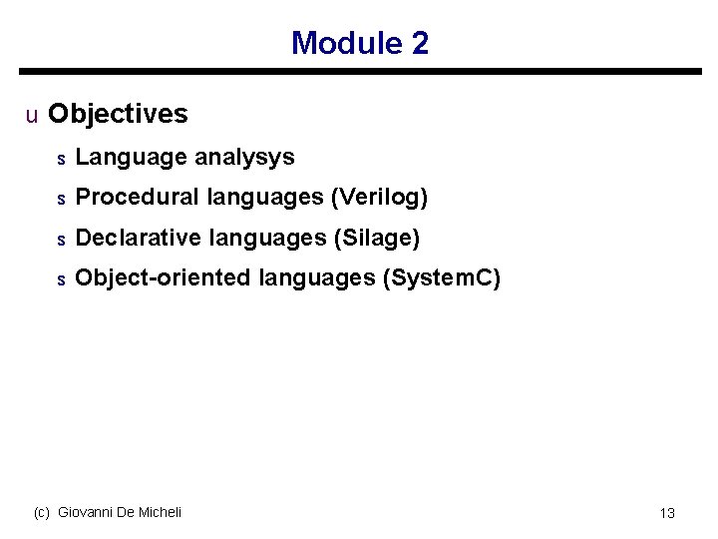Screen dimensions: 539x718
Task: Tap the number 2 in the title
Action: (420, 43)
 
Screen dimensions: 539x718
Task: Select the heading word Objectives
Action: (118, 114)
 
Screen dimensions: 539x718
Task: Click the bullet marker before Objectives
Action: (32, 115)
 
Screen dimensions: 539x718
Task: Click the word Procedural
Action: (138, 198)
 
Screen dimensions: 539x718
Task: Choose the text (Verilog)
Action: (379, 198)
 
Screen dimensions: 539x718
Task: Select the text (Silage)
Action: (377, 238)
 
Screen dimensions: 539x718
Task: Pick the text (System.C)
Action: (442, 277)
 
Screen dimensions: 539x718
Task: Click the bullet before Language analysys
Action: (61, 159)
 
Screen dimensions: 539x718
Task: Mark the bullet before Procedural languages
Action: (61, 199)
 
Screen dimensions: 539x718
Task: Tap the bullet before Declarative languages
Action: (61, 240)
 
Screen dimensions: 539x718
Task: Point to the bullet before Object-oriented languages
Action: (61, 279)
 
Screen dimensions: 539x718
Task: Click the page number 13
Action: (667, 513)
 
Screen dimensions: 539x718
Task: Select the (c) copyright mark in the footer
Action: (42, 512)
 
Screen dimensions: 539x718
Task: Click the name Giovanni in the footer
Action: (85, 512)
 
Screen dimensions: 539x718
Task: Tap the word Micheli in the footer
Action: (160, 512)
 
